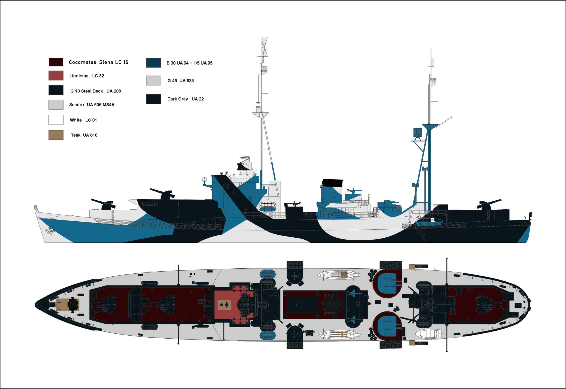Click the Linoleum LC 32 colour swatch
click(56, 76)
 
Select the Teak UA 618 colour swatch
click(56, 135)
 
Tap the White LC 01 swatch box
click(56, 120)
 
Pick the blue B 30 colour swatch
click(153, 63)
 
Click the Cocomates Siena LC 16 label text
click(98, 62)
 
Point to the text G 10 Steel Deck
click(87, 91)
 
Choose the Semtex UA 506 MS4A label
click(92, 105)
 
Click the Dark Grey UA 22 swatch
click(153, 99)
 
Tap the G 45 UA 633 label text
click(180, 81)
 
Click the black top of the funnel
click(332, 183)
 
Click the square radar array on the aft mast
click(418, 133)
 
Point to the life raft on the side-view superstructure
click(268, 206)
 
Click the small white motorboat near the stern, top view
click(429, 334)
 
